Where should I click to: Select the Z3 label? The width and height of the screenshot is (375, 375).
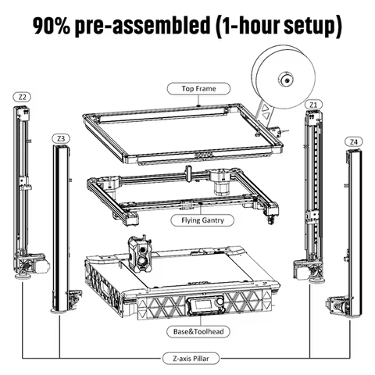(60, 138)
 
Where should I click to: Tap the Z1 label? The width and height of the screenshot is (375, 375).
(313, 103)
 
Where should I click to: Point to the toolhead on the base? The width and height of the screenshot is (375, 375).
(141, 252)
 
